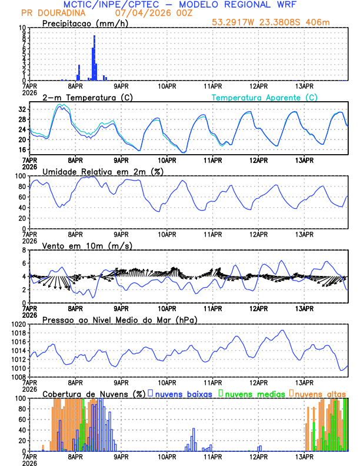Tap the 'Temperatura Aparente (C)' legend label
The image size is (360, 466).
[x=264, y=97]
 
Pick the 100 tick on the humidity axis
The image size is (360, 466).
[x=20, y=176]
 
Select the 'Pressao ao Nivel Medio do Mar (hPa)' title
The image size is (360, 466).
[x=119, y=319]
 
